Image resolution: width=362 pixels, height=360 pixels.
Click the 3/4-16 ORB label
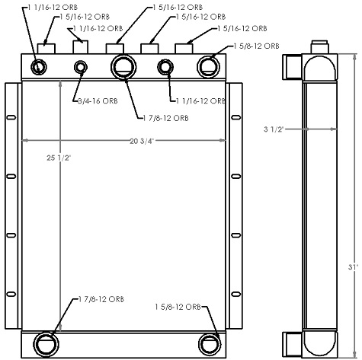pyautogui.click(x=96, y=100)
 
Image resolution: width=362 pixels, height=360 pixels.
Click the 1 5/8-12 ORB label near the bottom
pyautogui.click(x=175, y=307)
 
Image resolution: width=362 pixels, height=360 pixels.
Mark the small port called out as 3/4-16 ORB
pyautogui.click(x=81, y=68)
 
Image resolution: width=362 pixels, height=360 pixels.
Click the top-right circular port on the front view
pyautogui.click(x=207, y=66)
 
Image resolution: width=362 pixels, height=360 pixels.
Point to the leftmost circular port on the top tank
pyautogui.click(x=40, y=68)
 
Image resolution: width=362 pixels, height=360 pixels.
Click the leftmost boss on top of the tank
pyautogui.click(x=46, y=47)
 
